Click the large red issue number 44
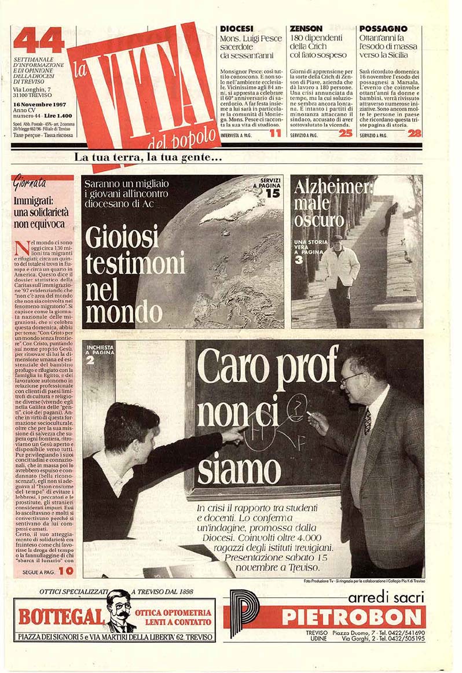click(38, 41)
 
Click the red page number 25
click(345, 133)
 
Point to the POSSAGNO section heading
click(383, 28)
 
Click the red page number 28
click(414, 133)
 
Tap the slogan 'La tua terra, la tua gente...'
click(148, 157)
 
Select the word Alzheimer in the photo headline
click(332, 187)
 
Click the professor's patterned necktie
click(367, 420)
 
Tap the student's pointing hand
click(234, 432)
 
